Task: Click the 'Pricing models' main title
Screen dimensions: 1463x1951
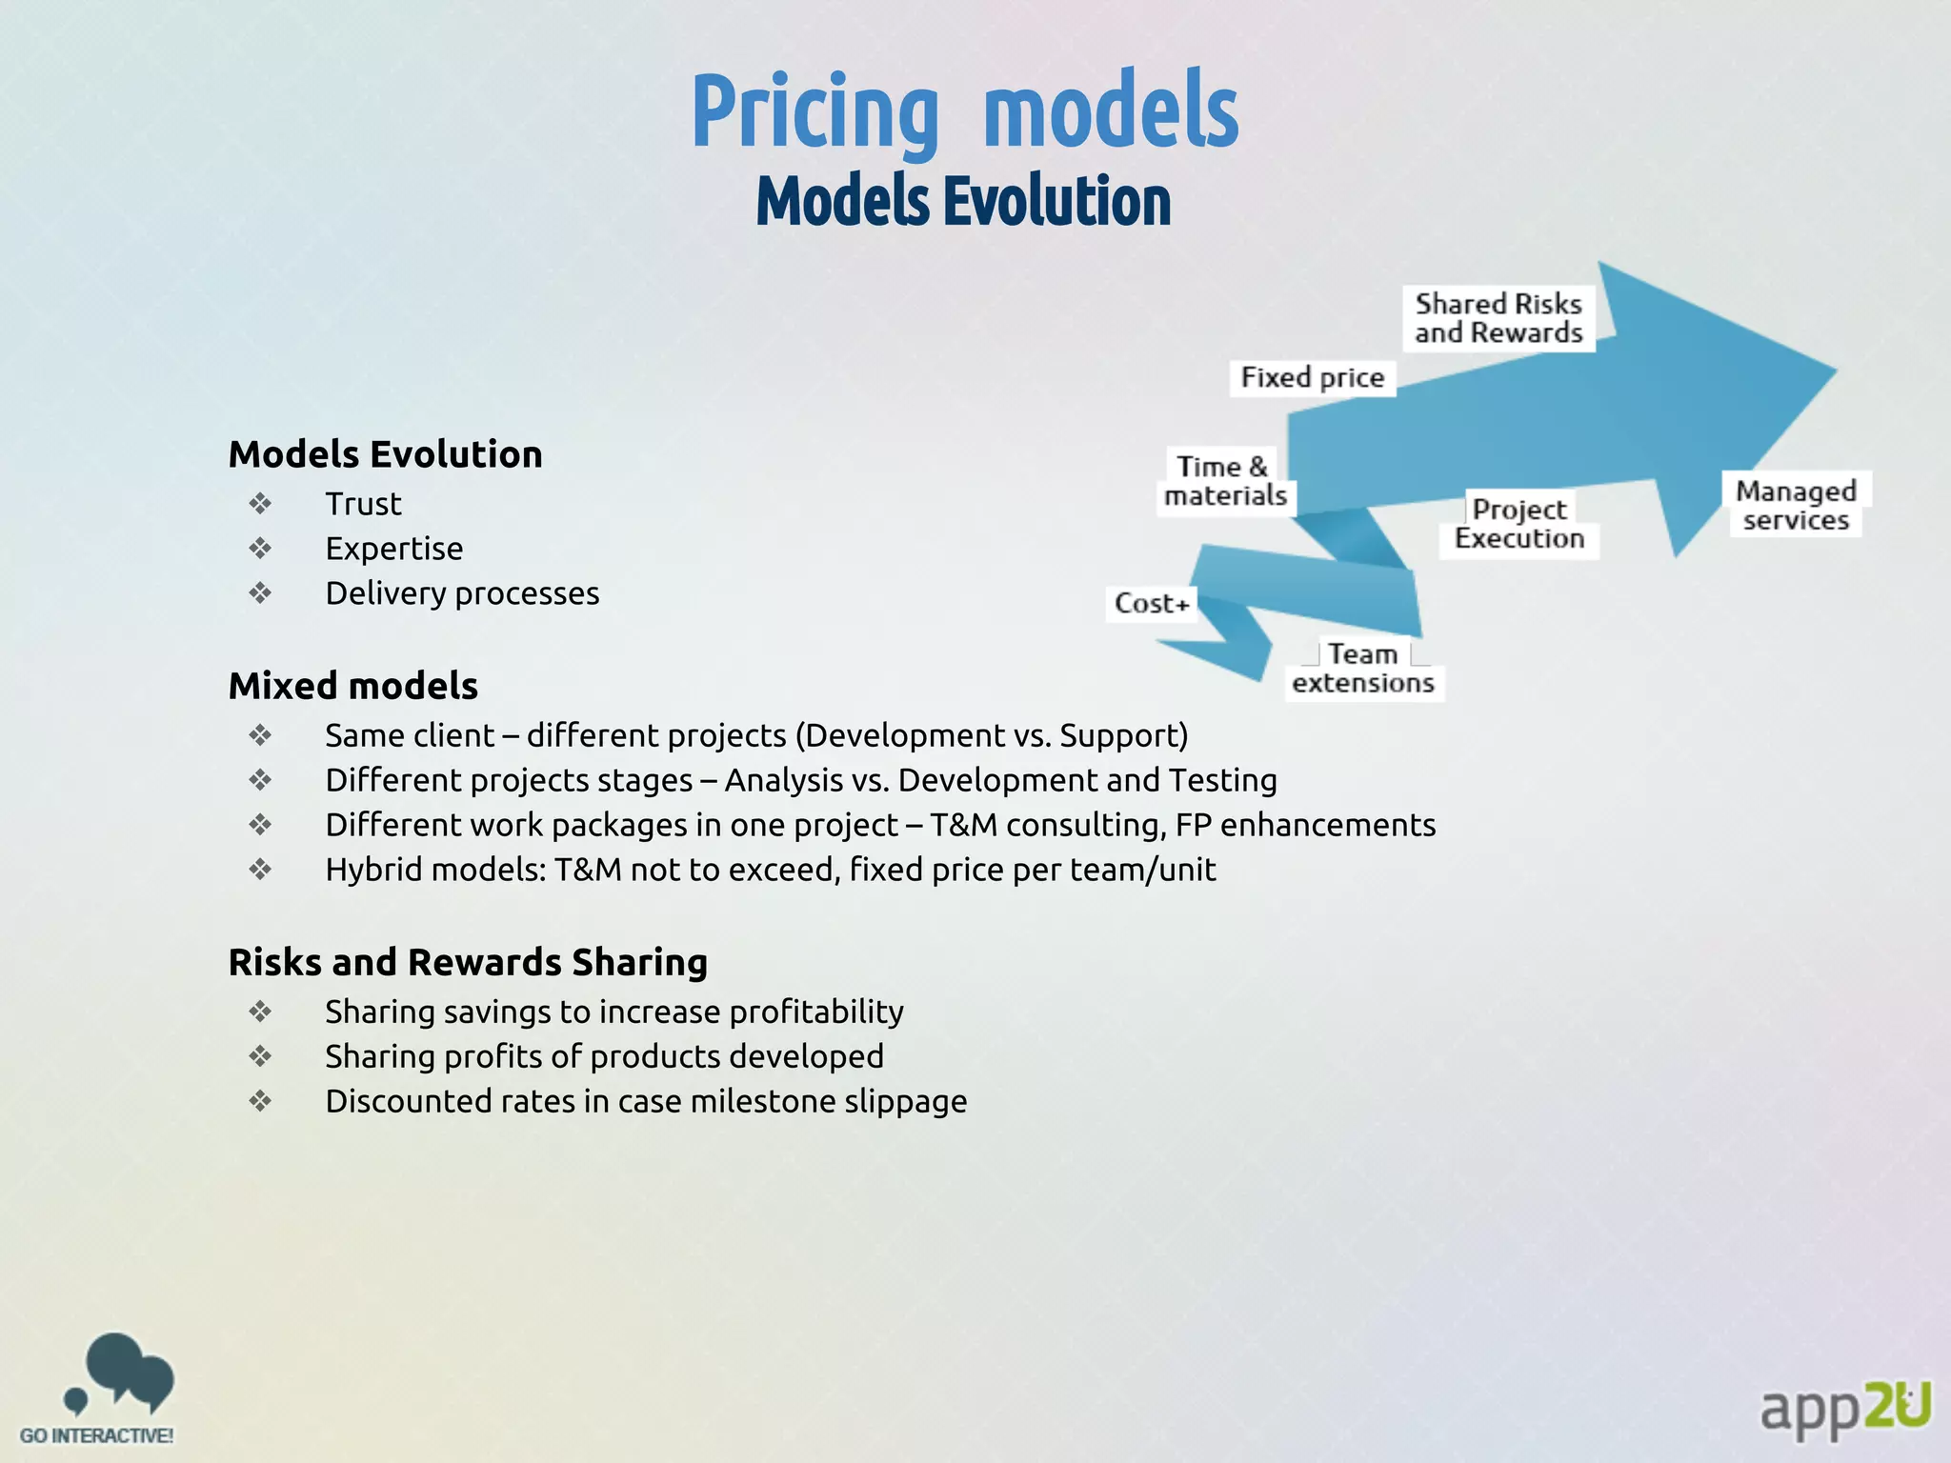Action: pos(964,112)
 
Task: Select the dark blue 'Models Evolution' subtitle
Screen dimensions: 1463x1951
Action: pos(963,201)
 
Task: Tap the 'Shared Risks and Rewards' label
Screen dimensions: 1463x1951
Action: pos(1498,318)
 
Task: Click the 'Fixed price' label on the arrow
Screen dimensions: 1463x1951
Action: pos(1312,378)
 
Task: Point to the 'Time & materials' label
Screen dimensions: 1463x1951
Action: pos(1225,481)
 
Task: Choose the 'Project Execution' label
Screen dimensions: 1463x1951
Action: pos(1519,524)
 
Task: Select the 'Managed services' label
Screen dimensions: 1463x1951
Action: pos(1796,505)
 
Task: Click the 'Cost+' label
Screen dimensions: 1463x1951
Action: pos(1152,604)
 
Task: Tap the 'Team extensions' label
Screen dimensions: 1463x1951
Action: pos(1363,669)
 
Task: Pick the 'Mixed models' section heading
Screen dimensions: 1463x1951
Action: pos(353,686)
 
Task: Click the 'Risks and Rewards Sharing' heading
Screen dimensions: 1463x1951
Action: pos(468,962)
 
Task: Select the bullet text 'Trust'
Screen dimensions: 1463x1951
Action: pos(363,504)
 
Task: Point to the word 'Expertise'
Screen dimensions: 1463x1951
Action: pos(394,549)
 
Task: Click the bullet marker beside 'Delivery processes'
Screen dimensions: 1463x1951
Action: pos(260,593)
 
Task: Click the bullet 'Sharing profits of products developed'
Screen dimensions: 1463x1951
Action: pos(604,1056)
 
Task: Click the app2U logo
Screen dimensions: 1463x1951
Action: pos(1844,1407)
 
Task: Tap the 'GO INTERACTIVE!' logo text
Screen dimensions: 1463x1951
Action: pos(97,1435)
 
